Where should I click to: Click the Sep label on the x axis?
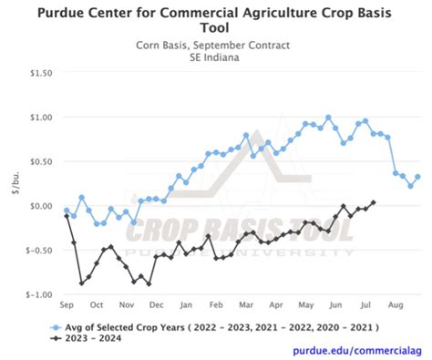[x=67, y=305]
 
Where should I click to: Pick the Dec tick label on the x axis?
[x=156, y=305]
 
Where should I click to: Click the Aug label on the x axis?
[x=395, y=305]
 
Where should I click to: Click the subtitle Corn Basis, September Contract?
[x=215, y=44]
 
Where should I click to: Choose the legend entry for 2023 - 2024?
[x=96, y=338]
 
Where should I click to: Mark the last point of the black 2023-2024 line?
[x=374, y=202]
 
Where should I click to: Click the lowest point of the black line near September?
[x=81, y=283]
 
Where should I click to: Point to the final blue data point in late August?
[x=418, y=177]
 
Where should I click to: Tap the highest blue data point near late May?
[x=328, y=117]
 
